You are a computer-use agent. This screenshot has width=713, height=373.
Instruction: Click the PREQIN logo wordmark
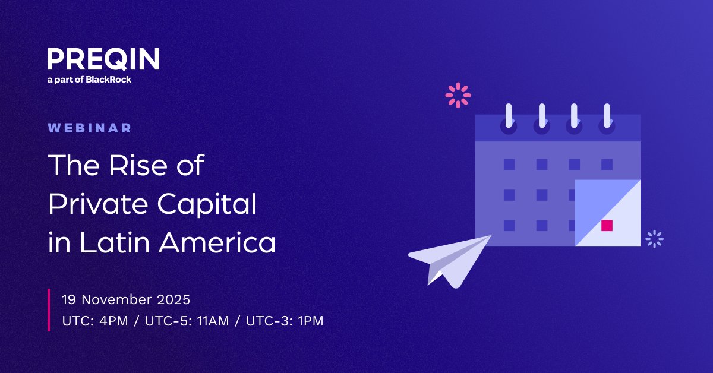point(103,60)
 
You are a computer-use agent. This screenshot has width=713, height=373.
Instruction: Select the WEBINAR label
point(90,128)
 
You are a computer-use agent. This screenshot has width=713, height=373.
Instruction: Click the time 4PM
point(108,321)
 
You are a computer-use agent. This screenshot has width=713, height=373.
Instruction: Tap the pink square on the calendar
point(607,225)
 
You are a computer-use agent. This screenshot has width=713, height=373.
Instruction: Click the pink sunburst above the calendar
point(458,95)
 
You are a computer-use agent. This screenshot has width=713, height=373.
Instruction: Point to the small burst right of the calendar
point(654,239)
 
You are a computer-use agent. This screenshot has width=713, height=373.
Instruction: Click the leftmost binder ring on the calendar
point(509,117)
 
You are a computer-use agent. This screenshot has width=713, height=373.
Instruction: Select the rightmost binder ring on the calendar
point(607,117)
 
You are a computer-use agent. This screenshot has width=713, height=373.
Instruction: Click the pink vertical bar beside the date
point(49,309)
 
